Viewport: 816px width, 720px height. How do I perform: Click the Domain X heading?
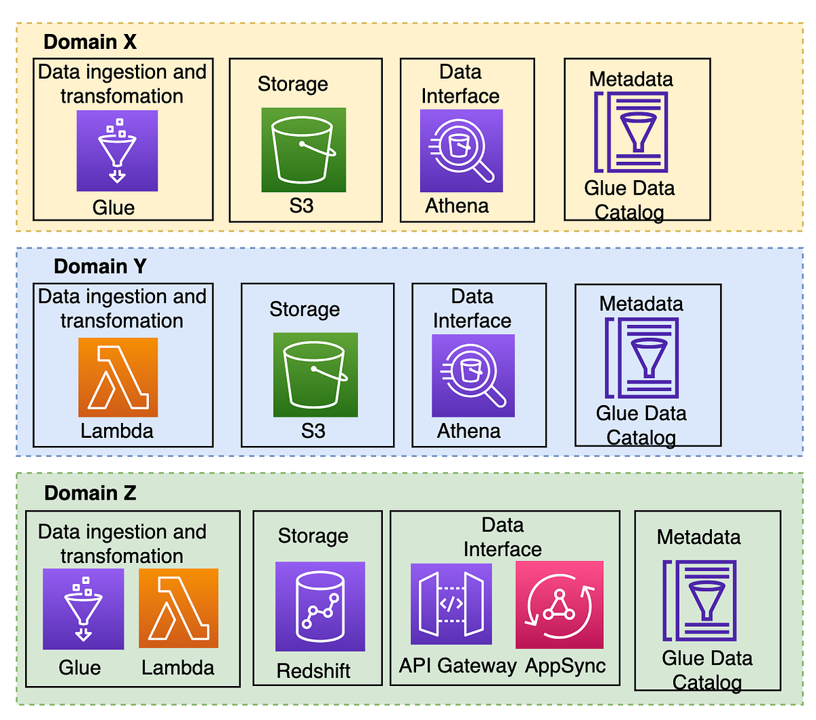(x=90, y=42)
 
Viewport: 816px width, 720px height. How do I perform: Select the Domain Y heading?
(x=100, y=267)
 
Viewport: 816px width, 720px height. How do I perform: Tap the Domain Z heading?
(x=90, y=493)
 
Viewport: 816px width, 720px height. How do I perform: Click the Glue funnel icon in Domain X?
(x=117, y=151)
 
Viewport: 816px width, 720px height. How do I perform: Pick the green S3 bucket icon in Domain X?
(x=303, y=150)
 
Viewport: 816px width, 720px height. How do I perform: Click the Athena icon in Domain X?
(x=461, y=151)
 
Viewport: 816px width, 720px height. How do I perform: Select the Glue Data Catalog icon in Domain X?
(x=631, y=132)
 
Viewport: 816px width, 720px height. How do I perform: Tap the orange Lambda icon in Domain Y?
(x=118, y=377)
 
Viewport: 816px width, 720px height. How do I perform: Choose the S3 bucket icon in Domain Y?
(x=315, y=375)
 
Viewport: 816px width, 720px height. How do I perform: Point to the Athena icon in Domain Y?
(x=473, y=375)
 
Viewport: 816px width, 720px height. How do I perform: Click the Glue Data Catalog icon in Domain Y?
(x=642, y=358)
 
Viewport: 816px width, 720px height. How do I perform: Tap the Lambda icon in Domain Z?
(x=178, y=608)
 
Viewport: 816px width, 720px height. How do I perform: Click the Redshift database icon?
(x=320, y=606)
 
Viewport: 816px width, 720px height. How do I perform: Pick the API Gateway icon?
(x=451, y=604)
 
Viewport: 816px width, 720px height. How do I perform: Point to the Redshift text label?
(x=313, y=671)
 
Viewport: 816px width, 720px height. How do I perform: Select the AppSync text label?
(x=565, y=666)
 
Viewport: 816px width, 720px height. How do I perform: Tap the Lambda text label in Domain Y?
(x=117, y=431)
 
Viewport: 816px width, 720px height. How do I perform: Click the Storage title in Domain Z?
(x=313, y=536)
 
